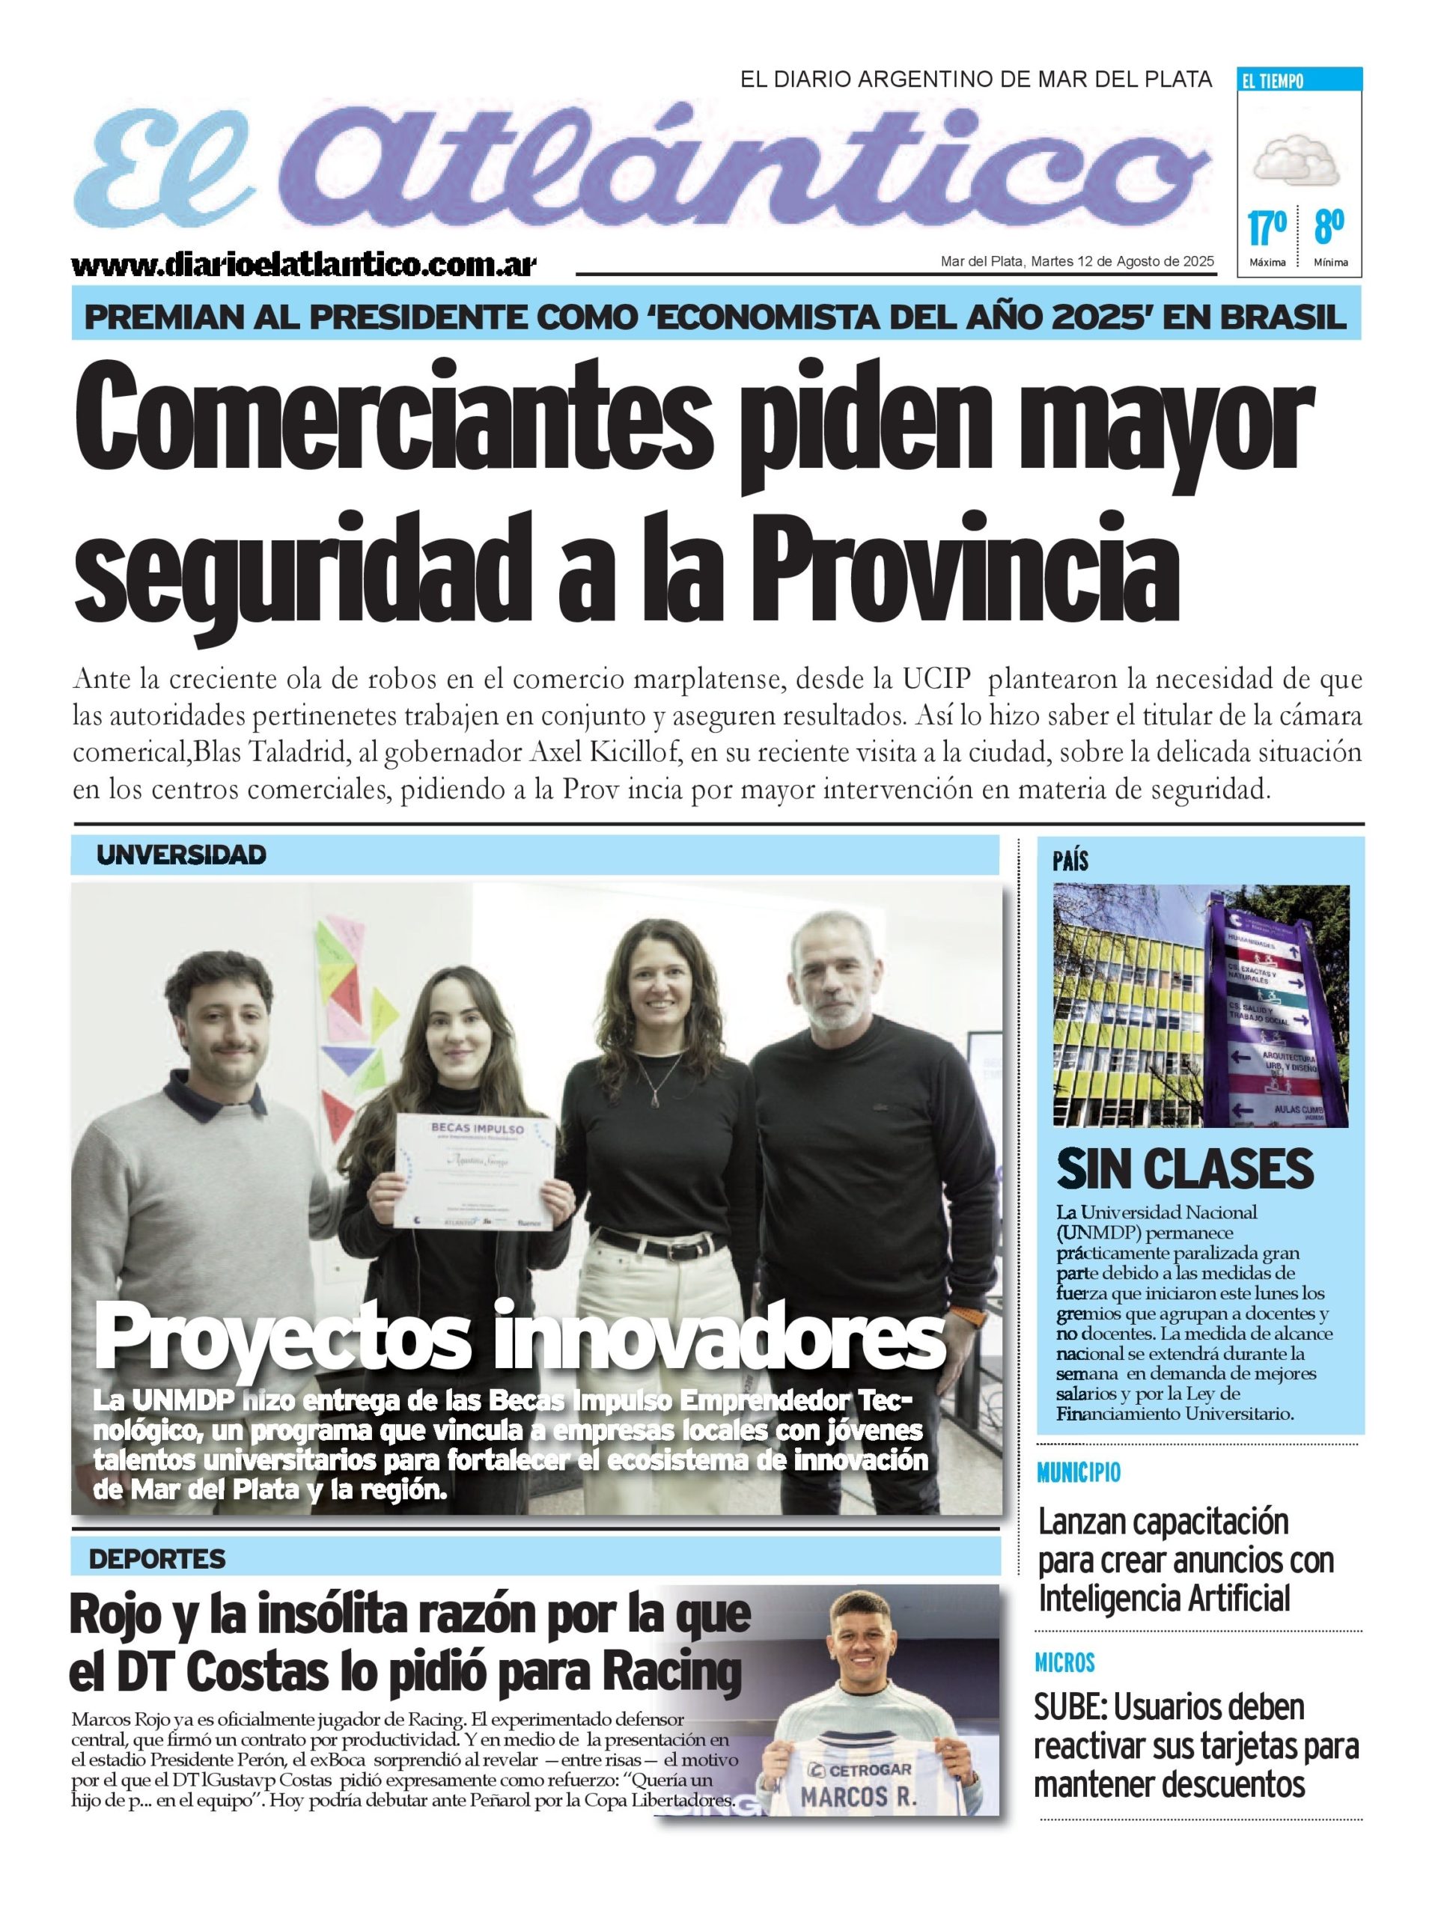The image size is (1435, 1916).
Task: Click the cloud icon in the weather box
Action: click(x=1297, y=159)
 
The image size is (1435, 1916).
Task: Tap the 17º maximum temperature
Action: click(x=1266, y=229)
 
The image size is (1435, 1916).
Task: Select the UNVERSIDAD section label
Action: click(x=181, y=855)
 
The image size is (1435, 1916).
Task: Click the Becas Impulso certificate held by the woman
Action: click(x=472, y=1171)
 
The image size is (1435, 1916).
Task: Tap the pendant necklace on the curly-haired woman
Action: click(x=653, y=1098)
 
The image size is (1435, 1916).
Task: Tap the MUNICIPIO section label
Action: click(x=1078, y=1472)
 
